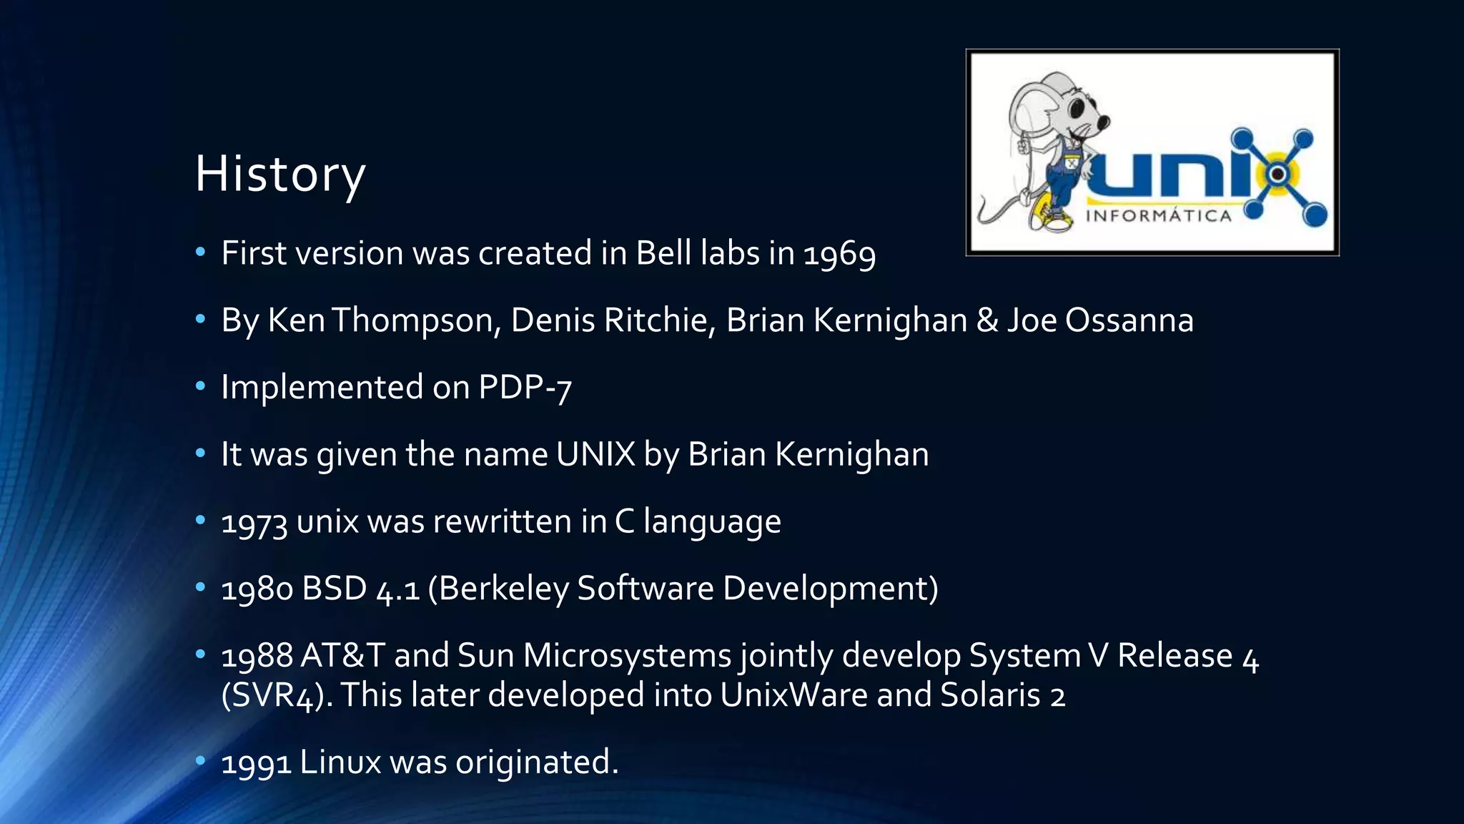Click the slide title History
tap(280, 175)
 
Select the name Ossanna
tap(1129, 320)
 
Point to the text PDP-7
tap(525, 388)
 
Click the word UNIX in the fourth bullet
tap(595, 454)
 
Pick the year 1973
tap(254, 522)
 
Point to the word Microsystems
tap(627, 655)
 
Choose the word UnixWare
tap(793, 695)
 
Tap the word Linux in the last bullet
tap(340, 762)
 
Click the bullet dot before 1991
tap(200, 760)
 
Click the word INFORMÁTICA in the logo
tap(1159, 216)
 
